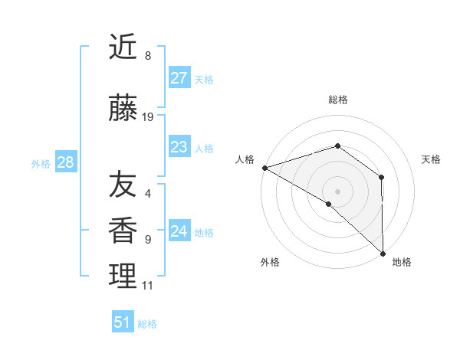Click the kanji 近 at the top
122,47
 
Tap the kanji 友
122,185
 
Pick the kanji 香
122,231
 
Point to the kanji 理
122,276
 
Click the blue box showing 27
179,78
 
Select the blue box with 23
179,147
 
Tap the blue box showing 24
179,231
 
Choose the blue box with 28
65,162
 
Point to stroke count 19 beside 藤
148,117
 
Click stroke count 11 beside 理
147,286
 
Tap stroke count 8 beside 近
147,56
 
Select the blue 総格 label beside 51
147,324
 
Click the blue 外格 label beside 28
41,164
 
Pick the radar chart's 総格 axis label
337,100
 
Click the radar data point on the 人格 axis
264,168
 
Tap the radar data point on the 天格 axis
381,178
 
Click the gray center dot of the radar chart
337,191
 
